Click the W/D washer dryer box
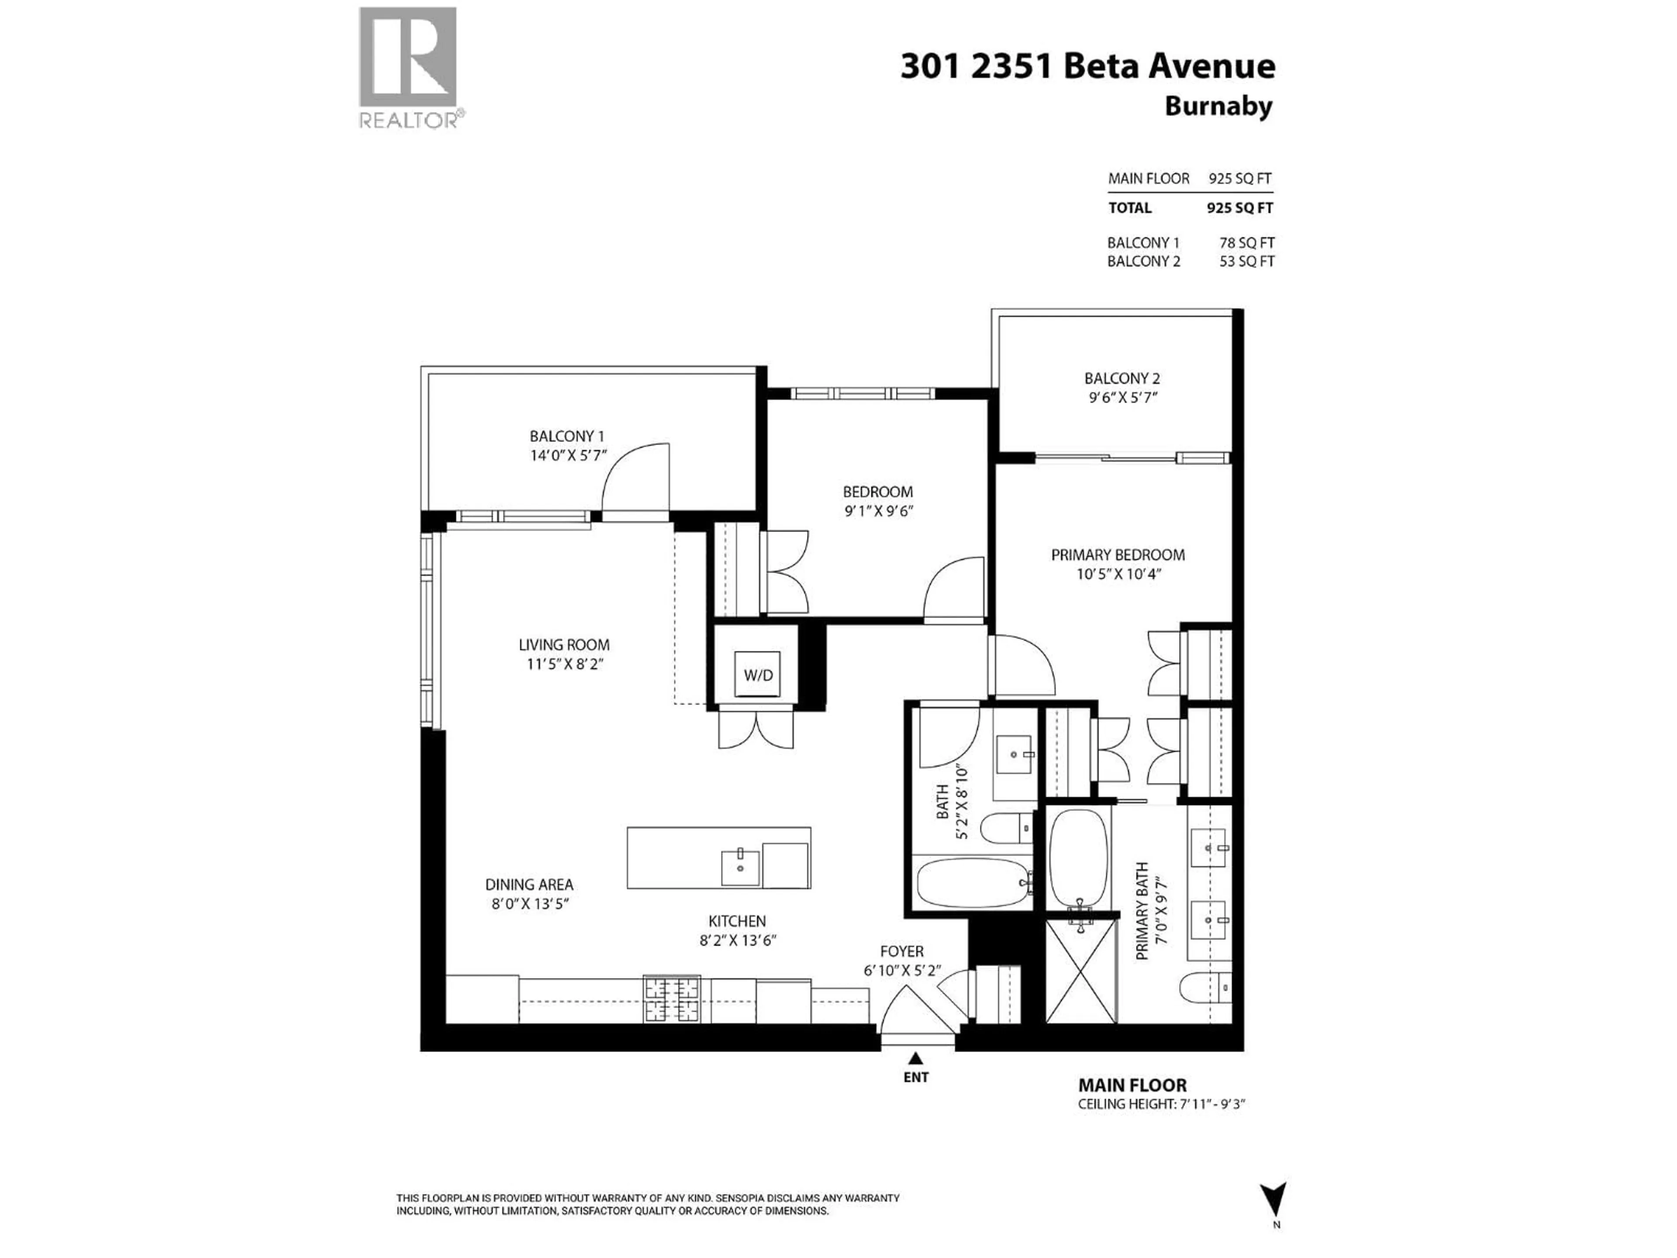point(757,674)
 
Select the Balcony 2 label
point(1121,378)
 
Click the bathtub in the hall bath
point(973,883)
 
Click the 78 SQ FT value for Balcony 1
point(1246,243)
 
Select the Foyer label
point(901,951)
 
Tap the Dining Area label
point(529,884)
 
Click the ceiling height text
point(1161,1104)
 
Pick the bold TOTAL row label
point(1130,208)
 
